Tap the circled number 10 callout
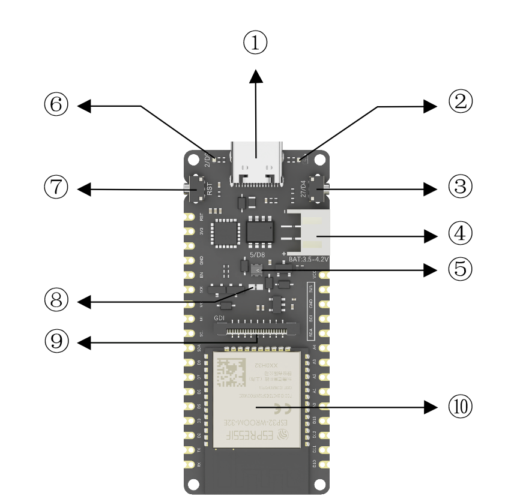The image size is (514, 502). pyautogui.click(x=461, y=407)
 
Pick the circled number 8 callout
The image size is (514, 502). pyautogui.click(x=56, y=300)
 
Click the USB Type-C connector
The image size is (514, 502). pyautogui.click(x=256, y=165)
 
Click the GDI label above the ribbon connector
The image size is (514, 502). pyautogui.click(x=219, y=319)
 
